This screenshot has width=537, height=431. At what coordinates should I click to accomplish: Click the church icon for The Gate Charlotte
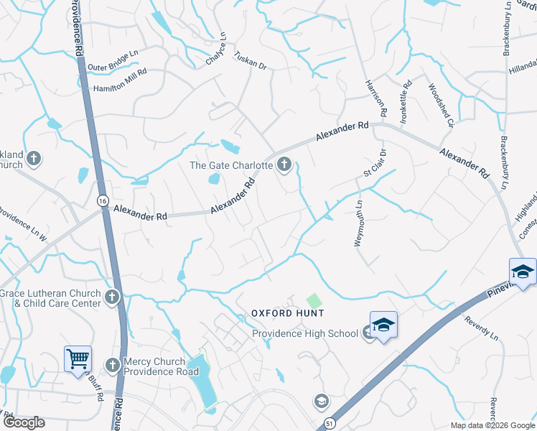click(x=284, y=165)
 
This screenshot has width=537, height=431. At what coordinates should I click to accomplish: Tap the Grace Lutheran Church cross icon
click(x=111, y=297)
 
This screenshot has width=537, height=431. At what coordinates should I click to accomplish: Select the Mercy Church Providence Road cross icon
click(x=112, y=366)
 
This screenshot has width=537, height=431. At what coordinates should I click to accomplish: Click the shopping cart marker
click(x=78, y=358)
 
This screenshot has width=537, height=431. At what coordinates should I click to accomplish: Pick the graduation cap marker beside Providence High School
click(x=383, y=325)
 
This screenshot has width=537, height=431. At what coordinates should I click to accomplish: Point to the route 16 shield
click(x=103, y=203)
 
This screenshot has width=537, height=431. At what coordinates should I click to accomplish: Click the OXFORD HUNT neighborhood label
click(x=287, y=313)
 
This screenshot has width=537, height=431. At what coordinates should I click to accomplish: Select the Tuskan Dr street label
click(x=251, y=62)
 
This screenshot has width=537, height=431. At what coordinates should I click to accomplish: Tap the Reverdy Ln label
click(x=481, y=327)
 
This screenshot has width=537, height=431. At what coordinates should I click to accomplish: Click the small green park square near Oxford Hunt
click(x=313, y=300)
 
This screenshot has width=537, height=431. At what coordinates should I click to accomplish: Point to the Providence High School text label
click(x=304, y=333)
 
